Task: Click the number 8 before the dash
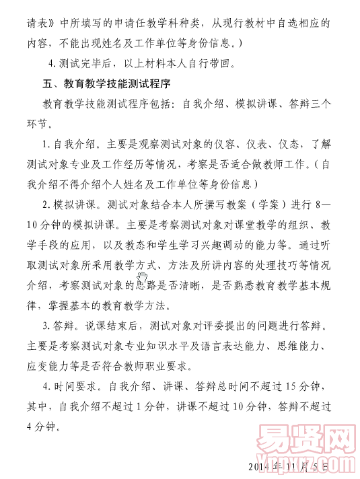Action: coord(317,205)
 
